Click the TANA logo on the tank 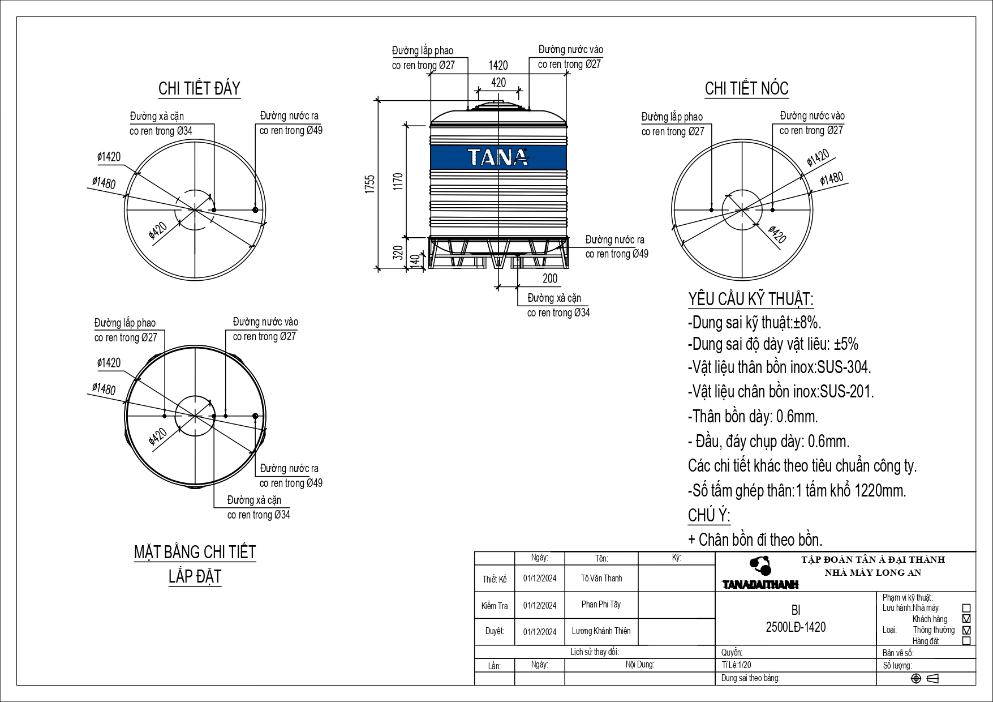498,157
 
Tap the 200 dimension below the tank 549,278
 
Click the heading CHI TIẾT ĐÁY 199,89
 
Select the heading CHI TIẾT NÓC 746,89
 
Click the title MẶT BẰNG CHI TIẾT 195,552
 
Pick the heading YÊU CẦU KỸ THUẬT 751,299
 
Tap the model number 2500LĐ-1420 795,627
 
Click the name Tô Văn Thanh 601,578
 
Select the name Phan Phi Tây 601,604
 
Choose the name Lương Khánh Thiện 601,631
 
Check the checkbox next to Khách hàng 966,619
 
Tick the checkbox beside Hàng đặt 966,641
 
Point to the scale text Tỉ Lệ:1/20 737,666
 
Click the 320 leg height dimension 398,252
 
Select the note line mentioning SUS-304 779,367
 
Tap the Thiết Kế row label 495,579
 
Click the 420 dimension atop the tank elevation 498,83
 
